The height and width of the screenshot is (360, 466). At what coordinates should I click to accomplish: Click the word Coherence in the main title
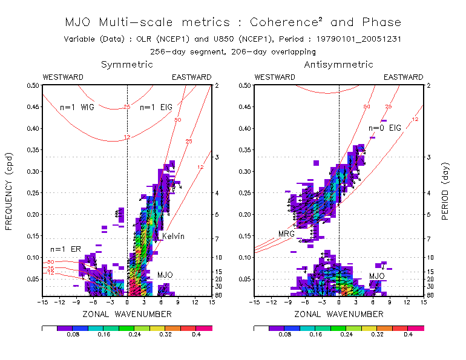(281, 22)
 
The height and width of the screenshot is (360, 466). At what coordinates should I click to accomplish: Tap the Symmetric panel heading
(127, 64)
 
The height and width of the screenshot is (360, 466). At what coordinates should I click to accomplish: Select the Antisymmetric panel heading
(338, 64)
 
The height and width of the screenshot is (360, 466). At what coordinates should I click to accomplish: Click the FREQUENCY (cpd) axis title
(10, 191)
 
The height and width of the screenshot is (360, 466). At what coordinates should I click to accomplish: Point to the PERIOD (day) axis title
(446, 191)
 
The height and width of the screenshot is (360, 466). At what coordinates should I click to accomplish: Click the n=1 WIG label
(77, 107)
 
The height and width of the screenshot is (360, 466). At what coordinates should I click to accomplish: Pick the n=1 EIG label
(156, 107)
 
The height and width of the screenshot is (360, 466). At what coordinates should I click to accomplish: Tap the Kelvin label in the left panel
(173, 236)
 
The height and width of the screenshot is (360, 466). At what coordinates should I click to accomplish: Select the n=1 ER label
(65, 249)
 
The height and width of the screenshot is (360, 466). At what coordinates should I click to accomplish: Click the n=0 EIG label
(386, 128)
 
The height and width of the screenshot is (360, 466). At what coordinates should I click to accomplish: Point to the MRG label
(286, 234)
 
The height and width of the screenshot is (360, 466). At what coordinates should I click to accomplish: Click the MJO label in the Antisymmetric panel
(378, 276)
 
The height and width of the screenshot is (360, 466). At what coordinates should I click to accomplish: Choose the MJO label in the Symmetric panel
(165, 275)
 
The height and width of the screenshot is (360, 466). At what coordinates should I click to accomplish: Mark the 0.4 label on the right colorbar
(407, 333)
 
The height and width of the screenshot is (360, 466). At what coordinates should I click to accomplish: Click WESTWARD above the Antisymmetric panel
(275, 77)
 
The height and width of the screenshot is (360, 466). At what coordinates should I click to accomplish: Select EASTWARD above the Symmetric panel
(192, 77)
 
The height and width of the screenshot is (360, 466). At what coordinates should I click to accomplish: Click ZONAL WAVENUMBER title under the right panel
(339, 314)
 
